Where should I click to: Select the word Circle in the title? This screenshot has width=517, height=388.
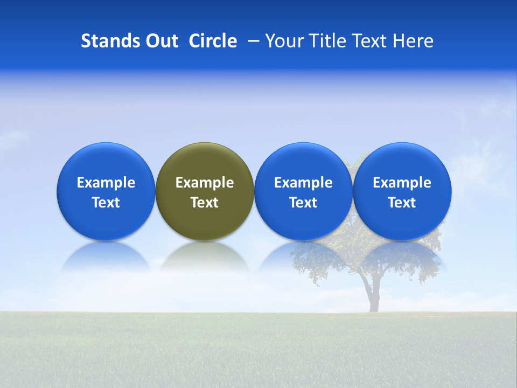[213, 41]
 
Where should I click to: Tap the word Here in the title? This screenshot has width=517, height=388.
[413, 41]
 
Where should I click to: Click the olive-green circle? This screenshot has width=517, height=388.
[205, 162]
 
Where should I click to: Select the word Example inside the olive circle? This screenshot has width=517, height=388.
[205, 183]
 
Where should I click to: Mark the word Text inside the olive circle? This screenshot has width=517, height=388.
[205, 203]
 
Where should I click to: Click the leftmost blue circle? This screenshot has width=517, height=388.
[106, 162]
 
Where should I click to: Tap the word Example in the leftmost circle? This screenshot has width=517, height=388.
[106, 183]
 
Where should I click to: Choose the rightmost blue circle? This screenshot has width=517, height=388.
[402, 162]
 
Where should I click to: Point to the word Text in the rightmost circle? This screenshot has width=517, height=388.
[402, 203]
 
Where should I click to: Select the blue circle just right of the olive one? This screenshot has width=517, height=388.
[303, 162]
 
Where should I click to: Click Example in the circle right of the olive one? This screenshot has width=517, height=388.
[303, 183]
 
